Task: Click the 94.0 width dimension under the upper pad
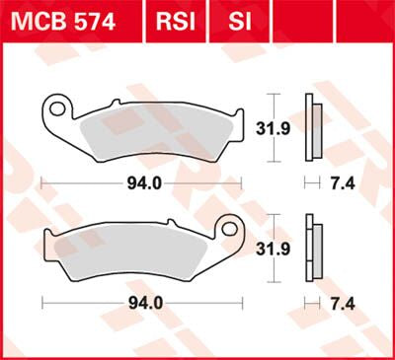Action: tap(144, 183)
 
